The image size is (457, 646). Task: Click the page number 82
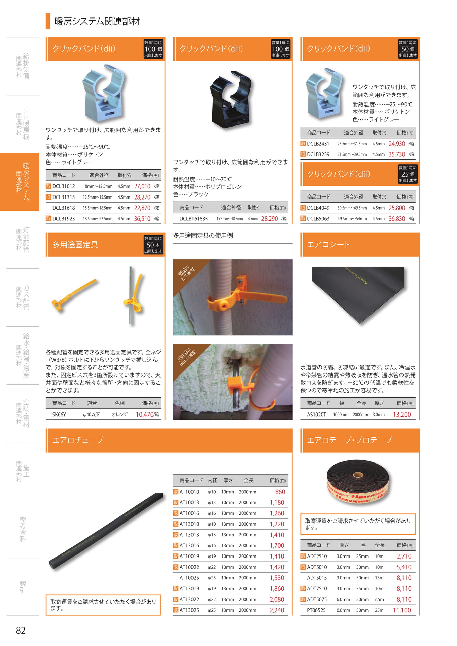[21, 630]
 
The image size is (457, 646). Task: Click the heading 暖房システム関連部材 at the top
[97, 21]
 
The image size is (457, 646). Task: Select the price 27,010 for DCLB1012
[142, 186]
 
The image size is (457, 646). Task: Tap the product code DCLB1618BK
[194, 219]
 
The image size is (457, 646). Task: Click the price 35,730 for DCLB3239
[397, 154]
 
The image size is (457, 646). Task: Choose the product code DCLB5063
[318, 219]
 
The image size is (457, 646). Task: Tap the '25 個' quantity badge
[408, 174]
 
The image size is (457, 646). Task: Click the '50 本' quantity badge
[153, 245]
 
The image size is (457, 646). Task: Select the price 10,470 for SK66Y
[145, 415]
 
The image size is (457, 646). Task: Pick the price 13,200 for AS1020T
[402, 415]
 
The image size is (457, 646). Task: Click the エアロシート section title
[328, 245]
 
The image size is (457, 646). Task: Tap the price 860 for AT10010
[280, 492]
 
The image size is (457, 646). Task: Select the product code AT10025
[189, 578]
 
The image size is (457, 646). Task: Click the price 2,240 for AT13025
[277, 610]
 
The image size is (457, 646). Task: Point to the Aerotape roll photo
[358, 481]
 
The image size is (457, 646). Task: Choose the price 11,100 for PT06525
[402, 610]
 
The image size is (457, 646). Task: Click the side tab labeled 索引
[23, 587]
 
